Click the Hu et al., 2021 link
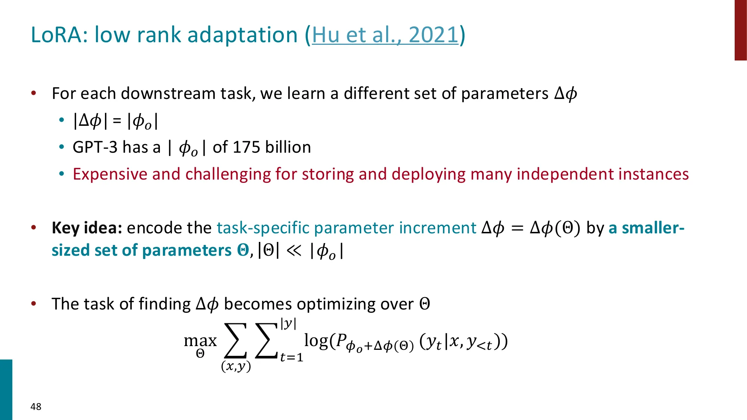point(385,35)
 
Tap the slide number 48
point(36,407)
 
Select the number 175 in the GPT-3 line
point(246,147)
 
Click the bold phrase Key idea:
point(87,228)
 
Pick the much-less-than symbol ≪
point(294,251)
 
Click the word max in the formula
point(200,340)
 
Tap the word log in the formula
point(316,340)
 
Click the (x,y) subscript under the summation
point(236,366)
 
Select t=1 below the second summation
point(292,357)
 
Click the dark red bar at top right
point(741,30)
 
